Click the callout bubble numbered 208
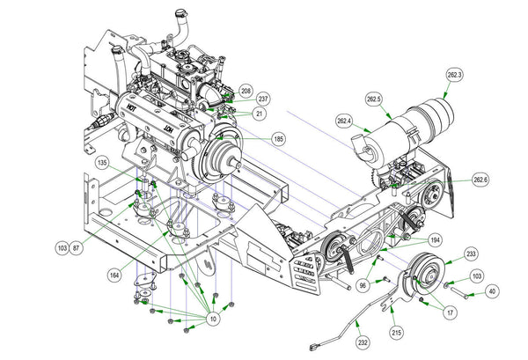pos(246,91)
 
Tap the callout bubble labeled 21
pos(259,114)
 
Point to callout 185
pos(279,138)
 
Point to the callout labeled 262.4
pos(344,120)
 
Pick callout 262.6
pos(480,180)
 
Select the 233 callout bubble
pos(472,253)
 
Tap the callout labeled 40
pos(492,290)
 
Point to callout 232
pos(362,342)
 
